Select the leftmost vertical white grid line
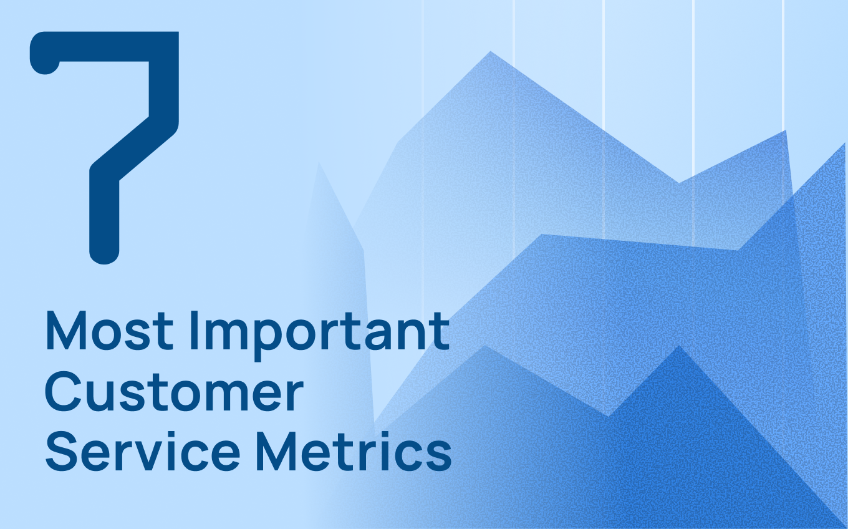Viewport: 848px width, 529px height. [422, 62]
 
